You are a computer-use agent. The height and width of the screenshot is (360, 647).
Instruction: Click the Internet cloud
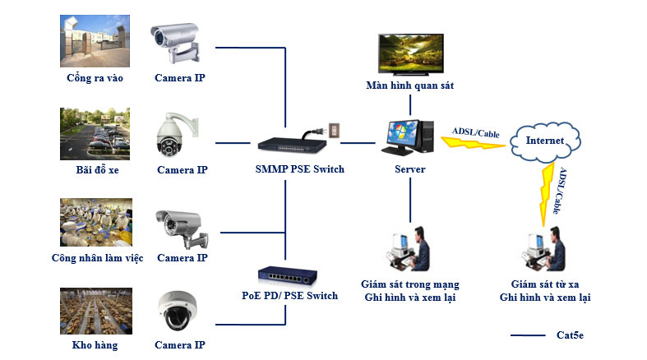(x=545, y=141)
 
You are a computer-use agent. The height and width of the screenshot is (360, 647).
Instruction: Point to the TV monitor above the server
(x=409, y=52)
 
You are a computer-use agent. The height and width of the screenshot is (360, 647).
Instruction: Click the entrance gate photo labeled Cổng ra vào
(x=95, y=41)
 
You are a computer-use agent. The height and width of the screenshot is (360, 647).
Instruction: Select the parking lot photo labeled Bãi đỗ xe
(x=95, y=133)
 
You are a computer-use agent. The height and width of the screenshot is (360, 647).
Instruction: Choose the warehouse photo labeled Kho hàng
(x=95, y=311)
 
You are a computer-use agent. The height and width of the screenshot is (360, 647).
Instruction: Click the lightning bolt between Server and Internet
(x=473, y=142)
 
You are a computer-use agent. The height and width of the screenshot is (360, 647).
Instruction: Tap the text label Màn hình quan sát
(x=409, y=85)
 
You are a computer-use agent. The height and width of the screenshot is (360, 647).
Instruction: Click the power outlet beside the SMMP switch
(x=333, y=131)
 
